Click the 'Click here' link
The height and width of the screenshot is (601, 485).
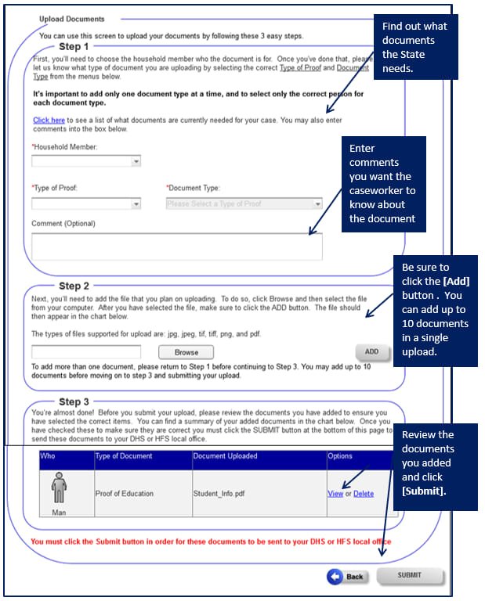49,121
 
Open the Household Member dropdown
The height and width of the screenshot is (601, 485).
86,161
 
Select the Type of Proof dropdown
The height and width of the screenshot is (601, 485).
86,203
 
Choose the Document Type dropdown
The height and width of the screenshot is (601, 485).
244,203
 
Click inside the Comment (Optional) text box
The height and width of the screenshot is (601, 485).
176,246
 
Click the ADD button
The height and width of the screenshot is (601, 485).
371,351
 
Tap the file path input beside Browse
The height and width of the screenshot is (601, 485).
86,352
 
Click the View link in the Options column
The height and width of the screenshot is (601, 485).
335,494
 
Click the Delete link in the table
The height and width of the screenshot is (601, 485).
364,494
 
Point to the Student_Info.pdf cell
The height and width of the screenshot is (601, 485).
219,494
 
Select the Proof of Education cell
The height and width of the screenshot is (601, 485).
125,494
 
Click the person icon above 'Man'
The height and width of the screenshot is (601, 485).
59,488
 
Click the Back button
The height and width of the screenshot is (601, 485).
347,576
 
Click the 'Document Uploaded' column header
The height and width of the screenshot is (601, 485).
222,456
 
